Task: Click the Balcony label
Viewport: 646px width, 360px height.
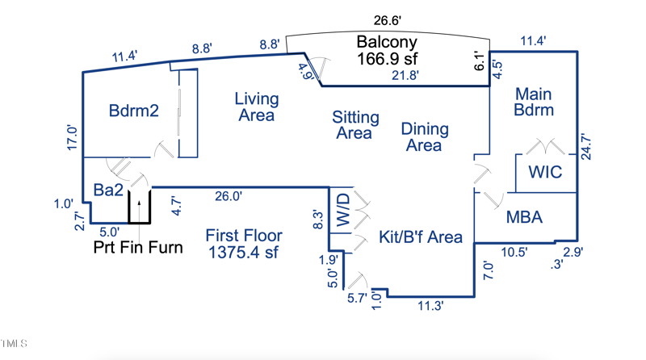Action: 387,43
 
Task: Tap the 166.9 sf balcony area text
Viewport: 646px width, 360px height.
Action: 387,59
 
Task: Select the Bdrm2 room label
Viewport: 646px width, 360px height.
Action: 134,111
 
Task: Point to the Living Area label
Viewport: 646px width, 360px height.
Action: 257,107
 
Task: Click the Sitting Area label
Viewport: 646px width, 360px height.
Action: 355,124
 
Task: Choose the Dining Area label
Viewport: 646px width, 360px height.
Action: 425,136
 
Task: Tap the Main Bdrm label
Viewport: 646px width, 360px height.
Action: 534,102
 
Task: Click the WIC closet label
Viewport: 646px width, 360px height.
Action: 545,172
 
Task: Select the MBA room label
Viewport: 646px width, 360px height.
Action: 524,217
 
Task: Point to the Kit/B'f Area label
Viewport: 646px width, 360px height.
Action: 421,237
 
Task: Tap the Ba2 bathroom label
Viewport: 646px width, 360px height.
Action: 108,190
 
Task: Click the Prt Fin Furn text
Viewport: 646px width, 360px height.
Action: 138,247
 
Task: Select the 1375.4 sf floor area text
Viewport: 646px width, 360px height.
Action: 243,253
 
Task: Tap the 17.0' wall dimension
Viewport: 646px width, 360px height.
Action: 72,138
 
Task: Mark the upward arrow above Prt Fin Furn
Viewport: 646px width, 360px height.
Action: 139,208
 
